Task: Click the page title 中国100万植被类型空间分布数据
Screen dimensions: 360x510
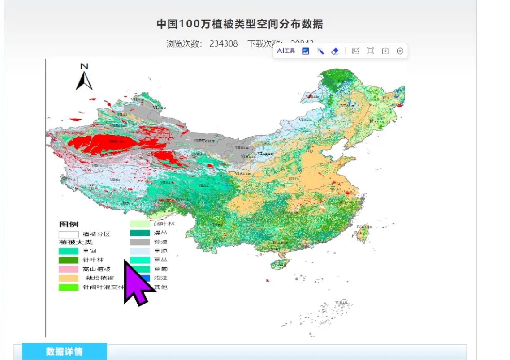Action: (x=239, y=24)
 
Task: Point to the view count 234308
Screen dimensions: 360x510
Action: (x=223, y=43)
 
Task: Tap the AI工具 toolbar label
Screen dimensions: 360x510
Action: (x=286, y=51)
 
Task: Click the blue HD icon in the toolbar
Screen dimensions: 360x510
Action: (x=306, y=51)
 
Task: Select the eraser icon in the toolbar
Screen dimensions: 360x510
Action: (x=335, y=51)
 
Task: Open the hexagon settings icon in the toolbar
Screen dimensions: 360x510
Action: (x=400, y=51)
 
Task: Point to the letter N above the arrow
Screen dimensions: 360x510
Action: (x=84, y=67)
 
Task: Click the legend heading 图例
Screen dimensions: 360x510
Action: (x=69, y=224)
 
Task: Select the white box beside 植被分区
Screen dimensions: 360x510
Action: (x=68, y=234)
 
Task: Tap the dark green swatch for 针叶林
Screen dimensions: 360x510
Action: (x=68, y=260)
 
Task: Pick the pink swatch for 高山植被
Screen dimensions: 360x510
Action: (x=68, y=269)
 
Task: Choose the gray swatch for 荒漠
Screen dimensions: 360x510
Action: (x=140, y=242)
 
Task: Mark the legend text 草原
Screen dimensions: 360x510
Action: (x=160, y=251)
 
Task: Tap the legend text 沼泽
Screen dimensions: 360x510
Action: (x=160, y=278)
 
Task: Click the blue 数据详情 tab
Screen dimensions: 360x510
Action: (x=64, y=351)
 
